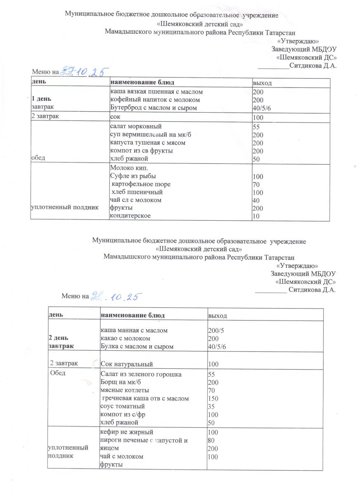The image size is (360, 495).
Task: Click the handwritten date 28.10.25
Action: [x=116, y=296]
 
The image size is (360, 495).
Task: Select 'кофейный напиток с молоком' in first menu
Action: [x=154, y=100]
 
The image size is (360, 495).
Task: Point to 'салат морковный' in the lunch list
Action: [x=135, y=127]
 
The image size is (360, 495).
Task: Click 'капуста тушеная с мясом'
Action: [x=147, y=143]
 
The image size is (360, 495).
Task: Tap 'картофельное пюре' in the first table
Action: [x=141, y=184]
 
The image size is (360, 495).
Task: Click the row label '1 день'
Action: [x=43, y=99]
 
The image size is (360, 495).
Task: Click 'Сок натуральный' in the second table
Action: [x=127, y=364]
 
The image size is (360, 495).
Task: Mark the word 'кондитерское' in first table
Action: [x=130, y=216]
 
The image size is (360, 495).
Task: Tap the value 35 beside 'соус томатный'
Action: [x=211, y=406]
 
